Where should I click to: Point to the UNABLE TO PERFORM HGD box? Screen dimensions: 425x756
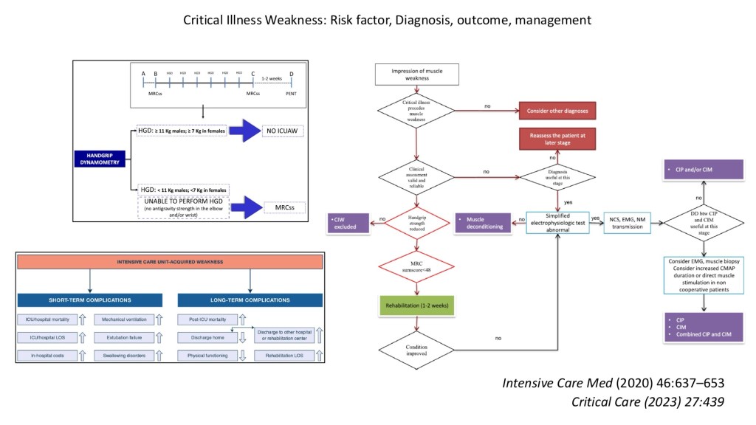pos(183,207)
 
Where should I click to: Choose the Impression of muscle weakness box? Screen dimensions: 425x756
pos(418,75)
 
